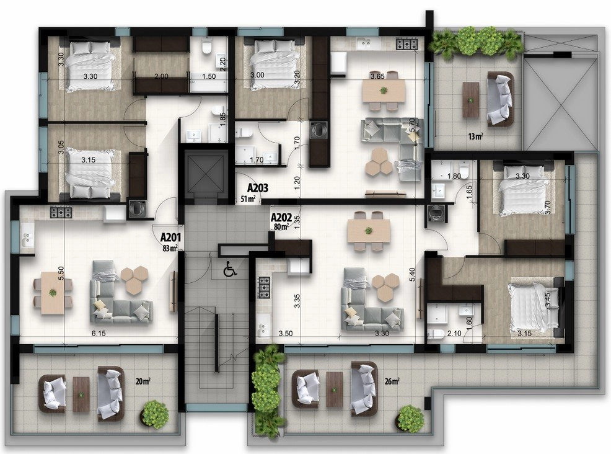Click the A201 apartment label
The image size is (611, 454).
170,237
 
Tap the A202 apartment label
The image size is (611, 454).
281,217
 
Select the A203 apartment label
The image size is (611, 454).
258,188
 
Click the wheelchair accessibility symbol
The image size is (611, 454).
231,269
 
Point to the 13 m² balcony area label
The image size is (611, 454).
476,136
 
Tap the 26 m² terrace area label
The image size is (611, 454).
392,381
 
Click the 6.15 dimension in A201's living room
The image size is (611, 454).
99,334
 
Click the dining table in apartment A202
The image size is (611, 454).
369,231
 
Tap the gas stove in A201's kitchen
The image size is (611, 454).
61,213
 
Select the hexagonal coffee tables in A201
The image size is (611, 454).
134,278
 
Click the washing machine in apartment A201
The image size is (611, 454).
137,208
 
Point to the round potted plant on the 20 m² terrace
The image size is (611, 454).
155,414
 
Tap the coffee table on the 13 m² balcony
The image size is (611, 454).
471,100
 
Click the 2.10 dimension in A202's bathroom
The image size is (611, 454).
454,334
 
